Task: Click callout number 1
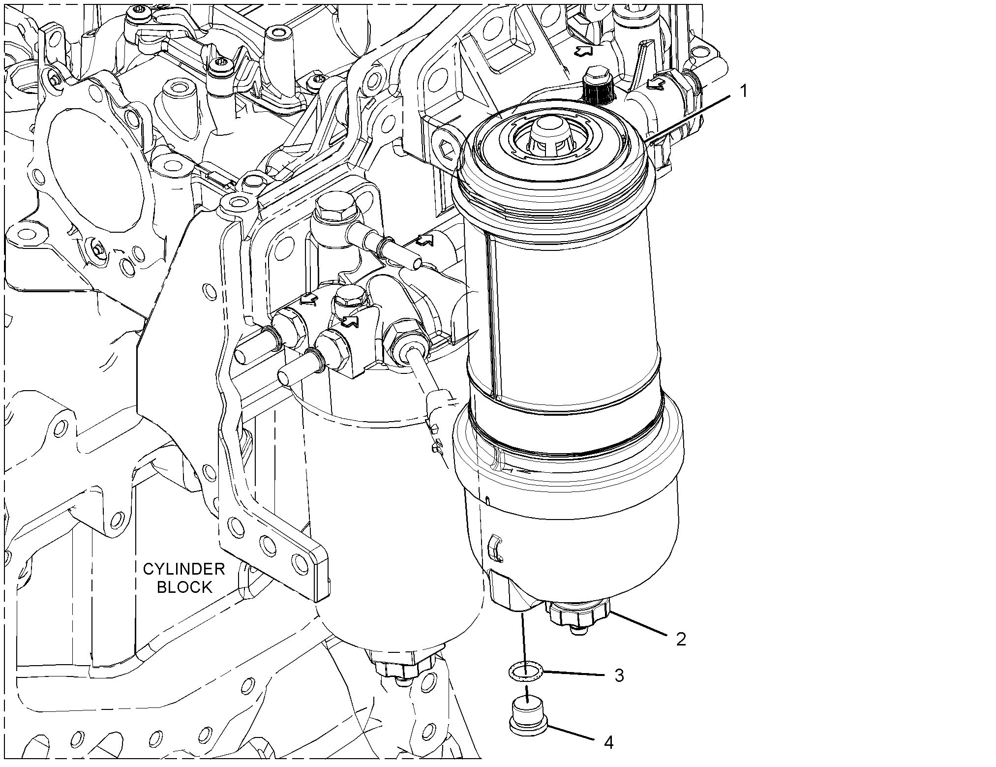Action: pyautogui.click(x=744, y=91)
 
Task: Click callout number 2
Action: pyautogui.click(x=681, y=639)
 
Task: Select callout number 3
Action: pyautogui.click(x=619, y=675)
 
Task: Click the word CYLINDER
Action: pyautogui.click(x=183, y=570)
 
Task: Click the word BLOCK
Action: pyautogui.click(x=184, y=587)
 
